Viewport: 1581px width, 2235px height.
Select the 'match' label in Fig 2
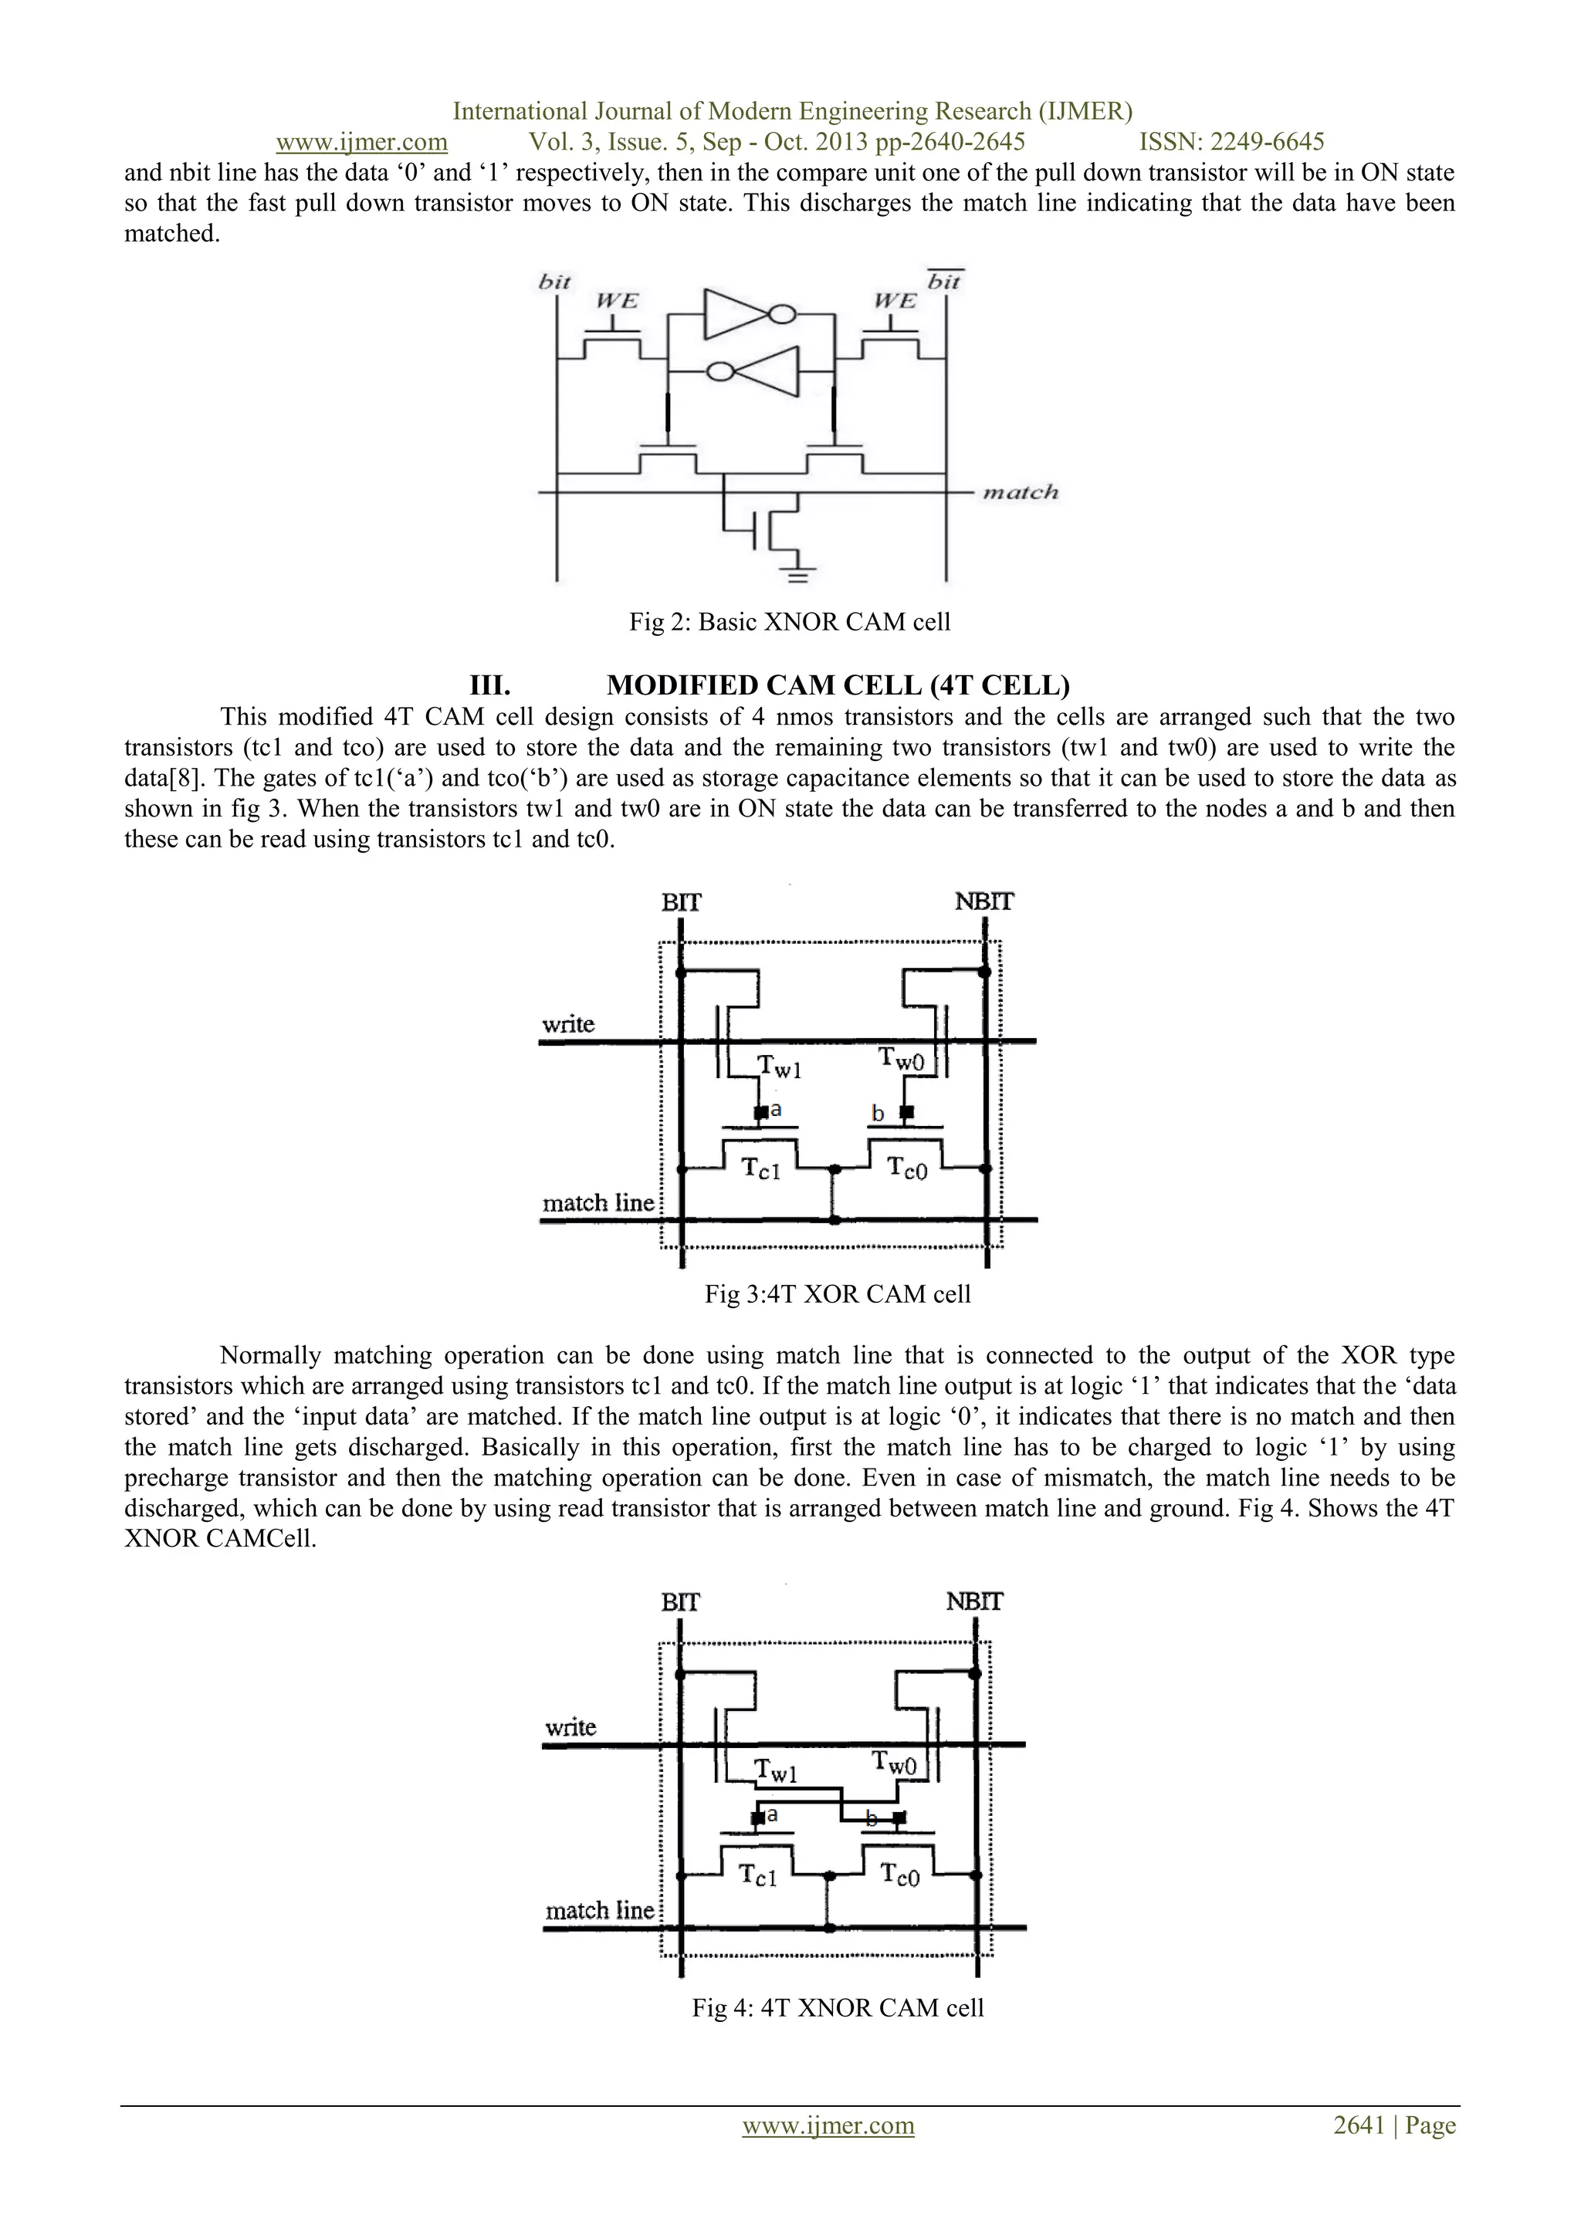(x=1019, y=492)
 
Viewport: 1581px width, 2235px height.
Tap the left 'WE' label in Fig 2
(x=616, y=301)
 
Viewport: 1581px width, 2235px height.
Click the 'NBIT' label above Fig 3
(x=983, y=901)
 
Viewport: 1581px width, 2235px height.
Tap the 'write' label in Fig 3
(x=568, y=1024)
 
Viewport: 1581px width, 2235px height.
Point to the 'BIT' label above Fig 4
(x=679, y=1602)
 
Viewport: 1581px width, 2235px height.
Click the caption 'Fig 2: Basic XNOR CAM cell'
(x=790, y=622)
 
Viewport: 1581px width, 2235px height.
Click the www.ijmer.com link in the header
(x=361, y=142)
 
